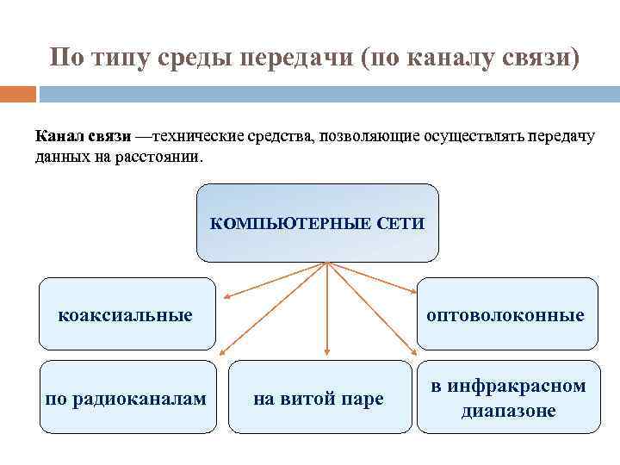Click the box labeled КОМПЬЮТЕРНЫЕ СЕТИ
318,223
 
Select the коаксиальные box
126,314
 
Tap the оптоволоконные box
506,314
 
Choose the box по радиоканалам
126,397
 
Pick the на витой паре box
319,399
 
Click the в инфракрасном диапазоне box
508,397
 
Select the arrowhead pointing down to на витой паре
327,352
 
